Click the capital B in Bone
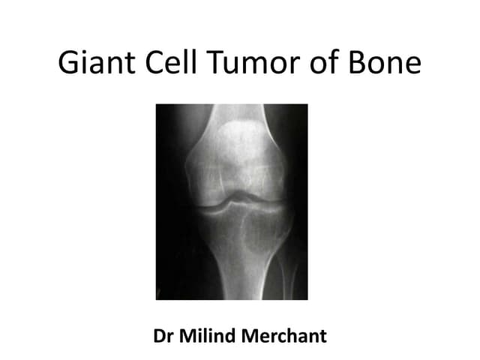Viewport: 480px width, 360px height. (358, 64)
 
